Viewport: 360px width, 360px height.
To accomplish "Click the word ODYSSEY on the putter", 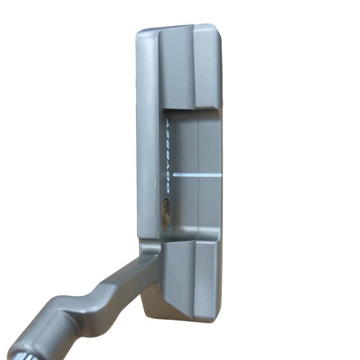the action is click(x=167, y=156).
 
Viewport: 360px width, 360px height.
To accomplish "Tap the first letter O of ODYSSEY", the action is click(x=167, y=189).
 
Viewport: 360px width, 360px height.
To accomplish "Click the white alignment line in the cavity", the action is click(x=198, y=175).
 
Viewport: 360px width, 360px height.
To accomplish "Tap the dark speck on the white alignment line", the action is click(x=181, y=175).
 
